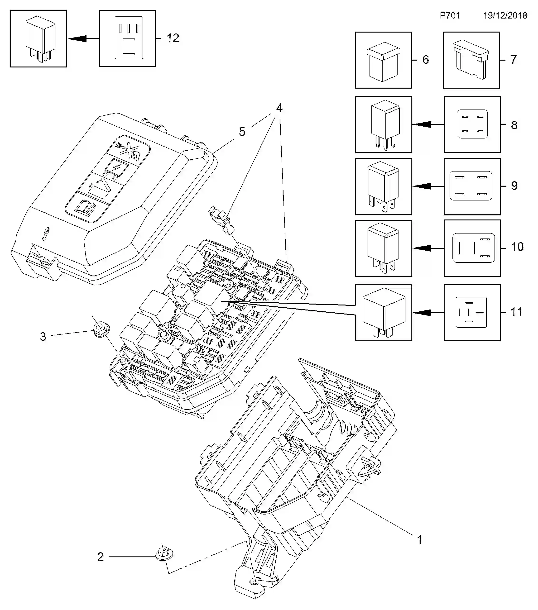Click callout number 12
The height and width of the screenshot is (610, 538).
point(173,38)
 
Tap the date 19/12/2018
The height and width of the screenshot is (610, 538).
point(505,15)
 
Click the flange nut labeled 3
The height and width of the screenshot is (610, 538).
point(101,329)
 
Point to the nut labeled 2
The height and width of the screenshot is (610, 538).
point(164,554)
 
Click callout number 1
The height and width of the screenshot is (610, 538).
point(419,539)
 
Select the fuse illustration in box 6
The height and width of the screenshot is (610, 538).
point(383,62)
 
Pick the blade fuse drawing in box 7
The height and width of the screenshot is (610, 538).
point(471,60)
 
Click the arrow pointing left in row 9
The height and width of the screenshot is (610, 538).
point(422,186)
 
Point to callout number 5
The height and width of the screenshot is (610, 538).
point(242,132)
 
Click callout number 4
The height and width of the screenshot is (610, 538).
point(279,108)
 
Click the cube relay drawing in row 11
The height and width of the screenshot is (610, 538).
point(384,312)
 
